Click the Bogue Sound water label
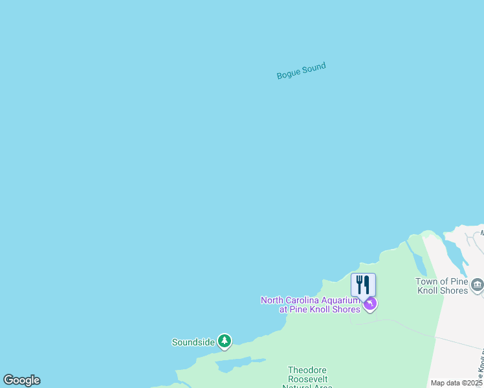(x=301, y=70)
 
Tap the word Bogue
(x=289, y=74)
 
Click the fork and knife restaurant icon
(x=363, y=285)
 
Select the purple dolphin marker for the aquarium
(x=369, y=303)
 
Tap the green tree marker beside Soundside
(x=225, y=341)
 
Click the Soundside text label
(x=193, y=342)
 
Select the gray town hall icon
(x=478, y=285)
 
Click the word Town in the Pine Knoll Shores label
(x=427, y=281)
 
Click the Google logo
(x=21, y=380)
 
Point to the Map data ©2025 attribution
(x=457, y=383)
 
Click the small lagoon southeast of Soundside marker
(x=236, y=365)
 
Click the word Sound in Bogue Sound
(x=314, y=67)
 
